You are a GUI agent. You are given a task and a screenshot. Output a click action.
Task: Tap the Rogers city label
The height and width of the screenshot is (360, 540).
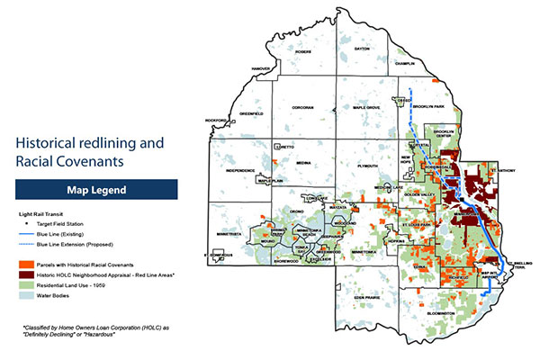coord(302,51)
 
